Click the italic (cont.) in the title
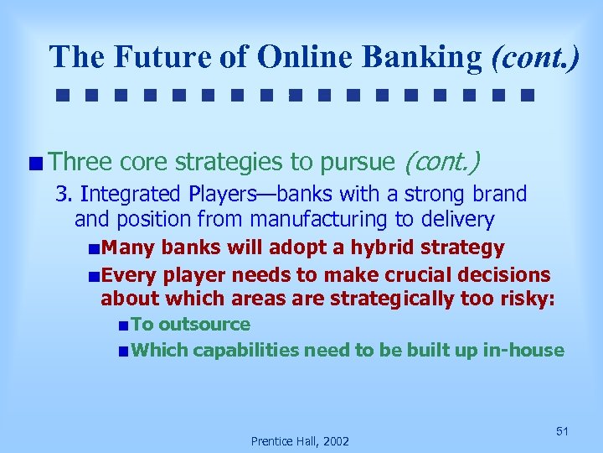(x=535, y=56)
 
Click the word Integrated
(x=131, y=194)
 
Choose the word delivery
(x=459, y=220)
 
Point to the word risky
(x=527, y=298)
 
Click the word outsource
(x=204, y=324)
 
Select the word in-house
(x=523, y=350)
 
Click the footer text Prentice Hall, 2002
(x=301, y=440)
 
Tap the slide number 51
(x=562, y=431)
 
